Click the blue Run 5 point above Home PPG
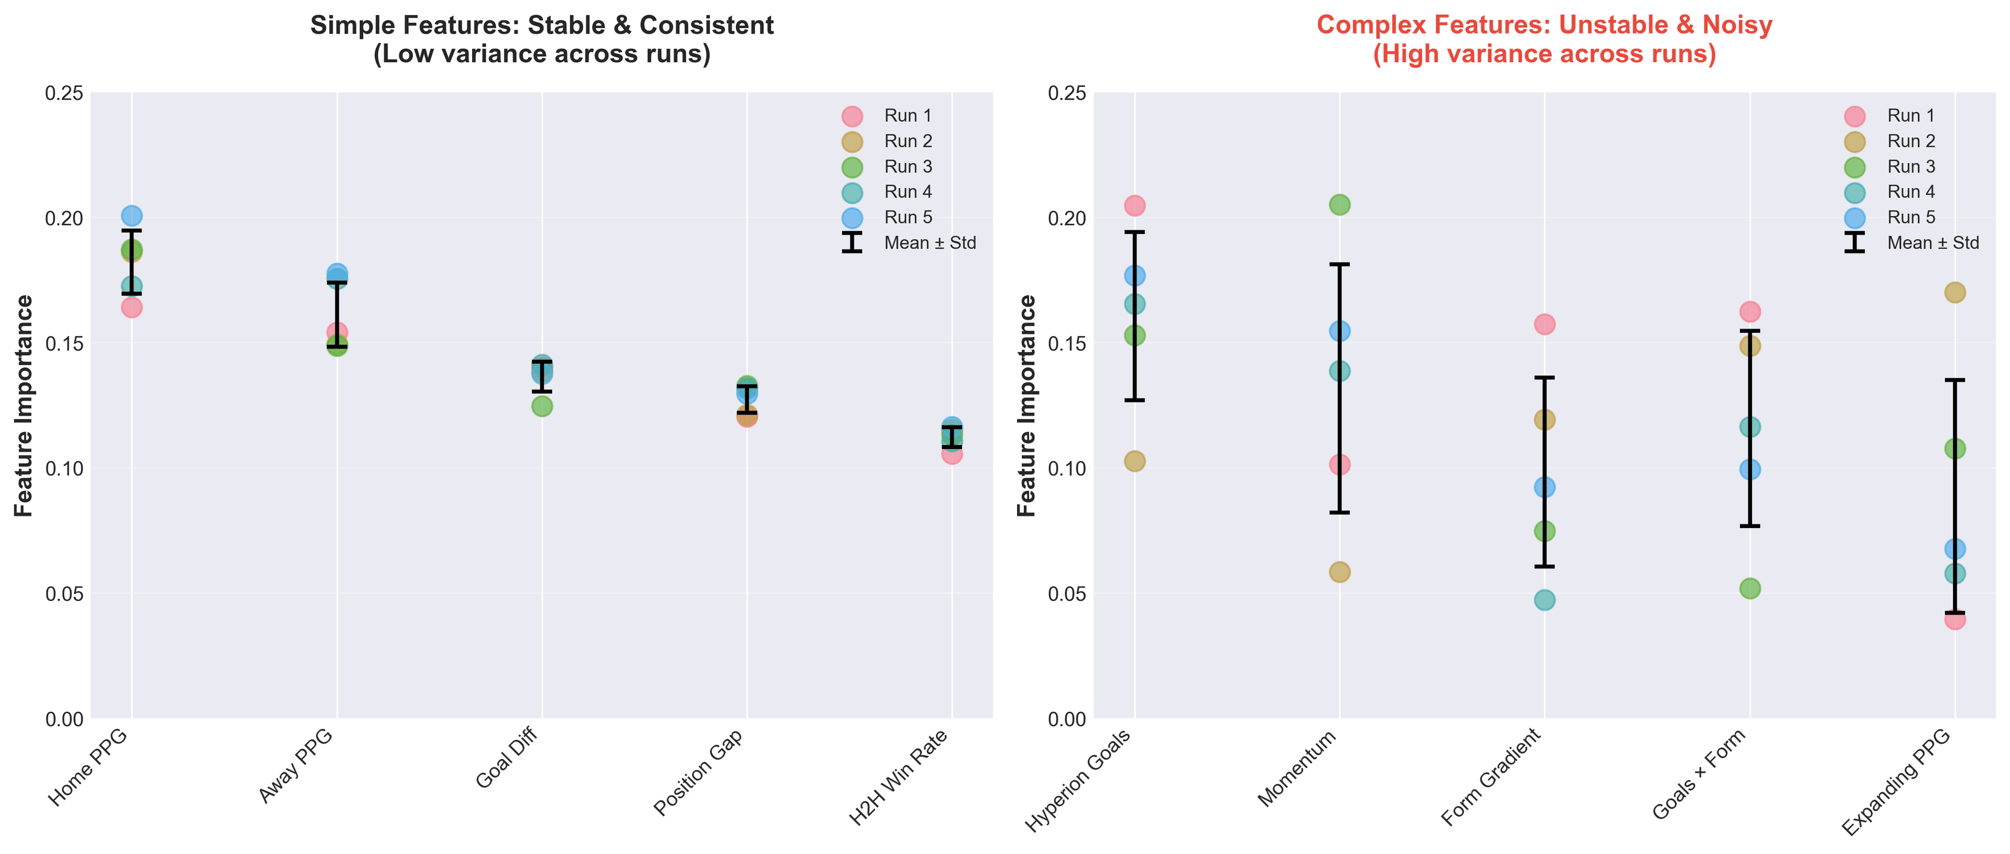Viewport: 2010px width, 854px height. [132, 215]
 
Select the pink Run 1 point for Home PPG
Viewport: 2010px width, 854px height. [132, 307]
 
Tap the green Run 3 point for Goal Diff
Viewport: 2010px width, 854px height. [542, 407]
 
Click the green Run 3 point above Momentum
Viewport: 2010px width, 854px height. [1340, 204]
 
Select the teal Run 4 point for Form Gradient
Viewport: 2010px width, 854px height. [1545, 600]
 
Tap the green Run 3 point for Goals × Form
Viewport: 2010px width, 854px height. [1750, 588]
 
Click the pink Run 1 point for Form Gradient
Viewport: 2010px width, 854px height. [1545, 324]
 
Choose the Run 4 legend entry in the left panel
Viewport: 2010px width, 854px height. [908, 192]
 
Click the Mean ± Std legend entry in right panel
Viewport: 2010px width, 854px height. [1932, 243]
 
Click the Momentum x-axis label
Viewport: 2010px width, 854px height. [1298, 768]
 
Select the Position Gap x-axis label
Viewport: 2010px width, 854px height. [698, 773]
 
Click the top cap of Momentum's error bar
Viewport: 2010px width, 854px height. [1340, 264]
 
